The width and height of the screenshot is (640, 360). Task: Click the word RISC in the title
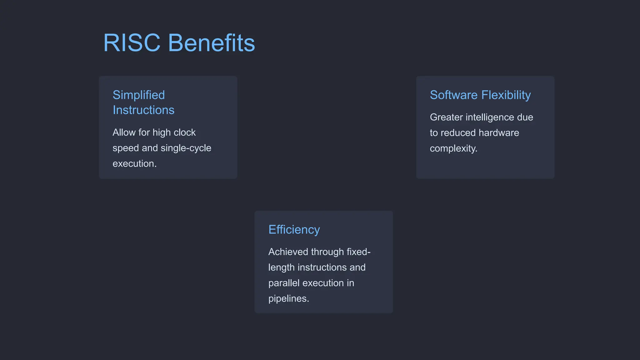coord(132,43)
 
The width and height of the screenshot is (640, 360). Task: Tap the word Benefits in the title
coord(212,43)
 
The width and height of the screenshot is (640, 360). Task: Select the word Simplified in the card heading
coord(139,95)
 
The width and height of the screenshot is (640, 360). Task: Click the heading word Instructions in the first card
coord(143,110)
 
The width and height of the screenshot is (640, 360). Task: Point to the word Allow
coord(124,132)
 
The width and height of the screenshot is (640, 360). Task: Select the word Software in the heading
coord(454,95)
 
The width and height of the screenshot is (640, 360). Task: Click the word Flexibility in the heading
coord(506,95)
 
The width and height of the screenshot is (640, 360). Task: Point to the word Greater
coord(446,117)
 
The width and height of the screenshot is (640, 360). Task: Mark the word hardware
coord(499,133)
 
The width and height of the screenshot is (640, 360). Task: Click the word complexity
coord(453,148)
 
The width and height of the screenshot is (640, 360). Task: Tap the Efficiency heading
coord(294,230)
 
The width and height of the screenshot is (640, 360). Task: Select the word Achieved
coord(288,252)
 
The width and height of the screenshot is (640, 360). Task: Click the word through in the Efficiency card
coord(327,252)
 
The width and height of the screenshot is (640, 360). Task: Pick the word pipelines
coord(288,299)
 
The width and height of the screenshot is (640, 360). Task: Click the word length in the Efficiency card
coord(281,267)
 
